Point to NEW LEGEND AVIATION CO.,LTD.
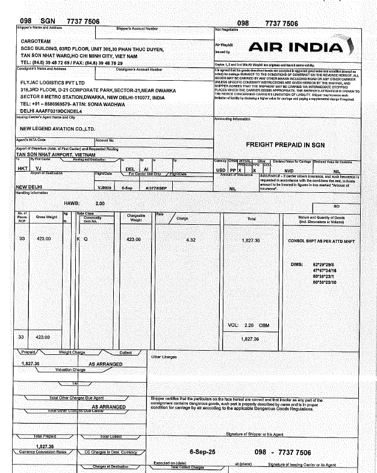point(58,128)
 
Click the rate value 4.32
point(192,240)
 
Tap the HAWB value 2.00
point(100,204)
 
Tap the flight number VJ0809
point(104,187)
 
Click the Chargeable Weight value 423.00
point(133,240)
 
